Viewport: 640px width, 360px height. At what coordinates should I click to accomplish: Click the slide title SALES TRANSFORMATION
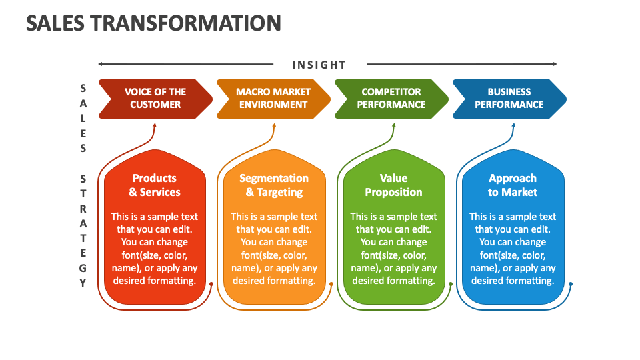153,23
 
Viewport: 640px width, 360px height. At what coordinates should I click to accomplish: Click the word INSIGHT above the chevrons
319,65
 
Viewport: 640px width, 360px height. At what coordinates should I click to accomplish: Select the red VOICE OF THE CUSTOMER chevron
155,98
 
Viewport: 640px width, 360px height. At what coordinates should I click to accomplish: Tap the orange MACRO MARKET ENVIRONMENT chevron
273,98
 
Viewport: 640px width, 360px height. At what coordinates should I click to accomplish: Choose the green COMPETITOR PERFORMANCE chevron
391,98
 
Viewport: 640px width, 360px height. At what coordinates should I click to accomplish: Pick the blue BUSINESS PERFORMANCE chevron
509,98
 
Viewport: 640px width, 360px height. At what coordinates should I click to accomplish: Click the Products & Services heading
155,185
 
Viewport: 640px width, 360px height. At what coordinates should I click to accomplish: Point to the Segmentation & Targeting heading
274,185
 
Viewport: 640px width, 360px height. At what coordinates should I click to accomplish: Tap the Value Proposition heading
393,185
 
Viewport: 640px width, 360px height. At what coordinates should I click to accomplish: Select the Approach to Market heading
512,185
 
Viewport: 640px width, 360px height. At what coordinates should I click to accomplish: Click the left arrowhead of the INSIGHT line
101,64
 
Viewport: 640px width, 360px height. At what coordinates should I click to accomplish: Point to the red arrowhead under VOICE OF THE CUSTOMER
155,124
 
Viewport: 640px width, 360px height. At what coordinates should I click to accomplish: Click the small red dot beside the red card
211,284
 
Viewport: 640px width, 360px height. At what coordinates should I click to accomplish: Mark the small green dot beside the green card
451,284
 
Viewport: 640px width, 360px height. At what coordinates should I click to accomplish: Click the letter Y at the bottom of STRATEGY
83,283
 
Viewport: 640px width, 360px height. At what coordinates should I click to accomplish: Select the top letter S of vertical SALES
83,88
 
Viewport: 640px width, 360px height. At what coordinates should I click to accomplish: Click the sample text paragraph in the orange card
274,249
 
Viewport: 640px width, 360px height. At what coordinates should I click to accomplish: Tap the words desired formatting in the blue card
513,281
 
